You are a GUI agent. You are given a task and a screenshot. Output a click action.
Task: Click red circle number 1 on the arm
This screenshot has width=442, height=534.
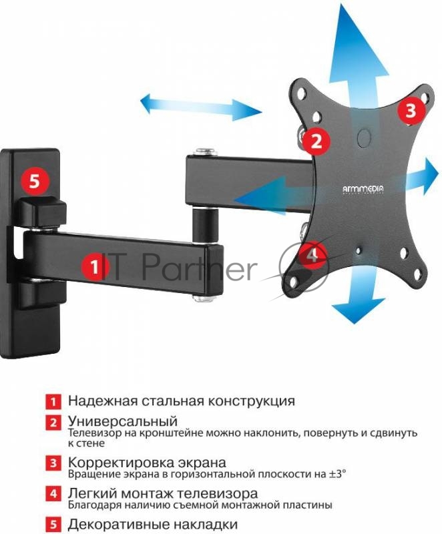[x=95, y=267]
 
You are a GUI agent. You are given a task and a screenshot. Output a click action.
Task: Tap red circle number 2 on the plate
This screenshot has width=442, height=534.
[x=317, y=141]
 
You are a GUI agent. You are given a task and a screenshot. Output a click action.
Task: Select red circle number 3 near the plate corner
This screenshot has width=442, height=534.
[x=410, y=109]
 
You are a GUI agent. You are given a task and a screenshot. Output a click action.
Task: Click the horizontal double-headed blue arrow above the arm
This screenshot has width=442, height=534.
[x=201, y=106]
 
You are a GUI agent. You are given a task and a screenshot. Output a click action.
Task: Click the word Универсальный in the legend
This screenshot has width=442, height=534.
[x=122, y=422]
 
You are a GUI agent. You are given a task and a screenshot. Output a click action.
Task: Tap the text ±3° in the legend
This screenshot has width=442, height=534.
[x=336, y=474]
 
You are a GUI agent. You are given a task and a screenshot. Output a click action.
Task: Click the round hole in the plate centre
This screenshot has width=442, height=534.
[x=364, y=137]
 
